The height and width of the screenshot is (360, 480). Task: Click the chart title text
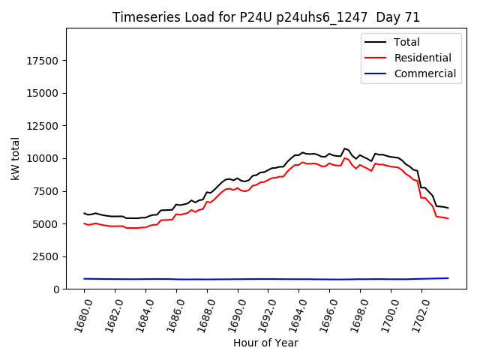click(x=266, y=17)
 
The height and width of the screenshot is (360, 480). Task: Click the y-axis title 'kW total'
click(x=15, y=158)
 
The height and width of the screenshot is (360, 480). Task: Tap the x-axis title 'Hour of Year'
click(x=265, y=343)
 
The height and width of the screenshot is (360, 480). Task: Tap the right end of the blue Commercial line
click(x=448, y=278)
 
